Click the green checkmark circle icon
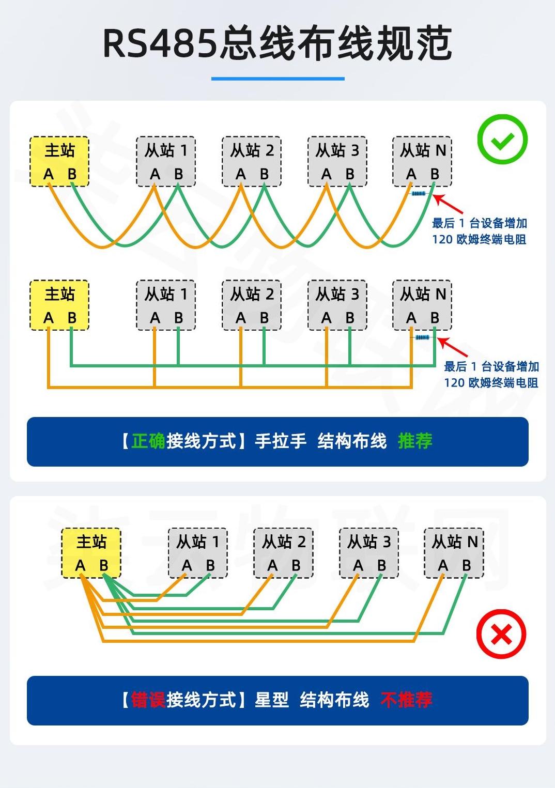click(502, 140)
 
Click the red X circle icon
click(501, 634)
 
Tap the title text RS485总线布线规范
click(277, 43)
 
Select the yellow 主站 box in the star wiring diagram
click(91, 553)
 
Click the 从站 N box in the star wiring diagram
click(454, 553)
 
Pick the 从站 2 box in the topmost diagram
click(252, 161)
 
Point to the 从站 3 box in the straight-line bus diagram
click(337, 305)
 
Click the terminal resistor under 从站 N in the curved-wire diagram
click(418, 194)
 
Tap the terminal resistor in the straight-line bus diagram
click(422, 337)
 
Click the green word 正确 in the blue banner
click(148, 441)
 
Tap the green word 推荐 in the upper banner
click(415, 441)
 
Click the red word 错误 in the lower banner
click(148, 700)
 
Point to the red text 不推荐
click(406, 700)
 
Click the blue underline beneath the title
click(277, 79)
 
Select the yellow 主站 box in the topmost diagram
click(59, 161)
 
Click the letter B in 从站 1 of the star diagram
click(210, 566)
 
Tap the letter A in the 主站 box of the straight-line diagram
click(49, 318)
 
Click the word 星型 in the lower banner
click(272, 700)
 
